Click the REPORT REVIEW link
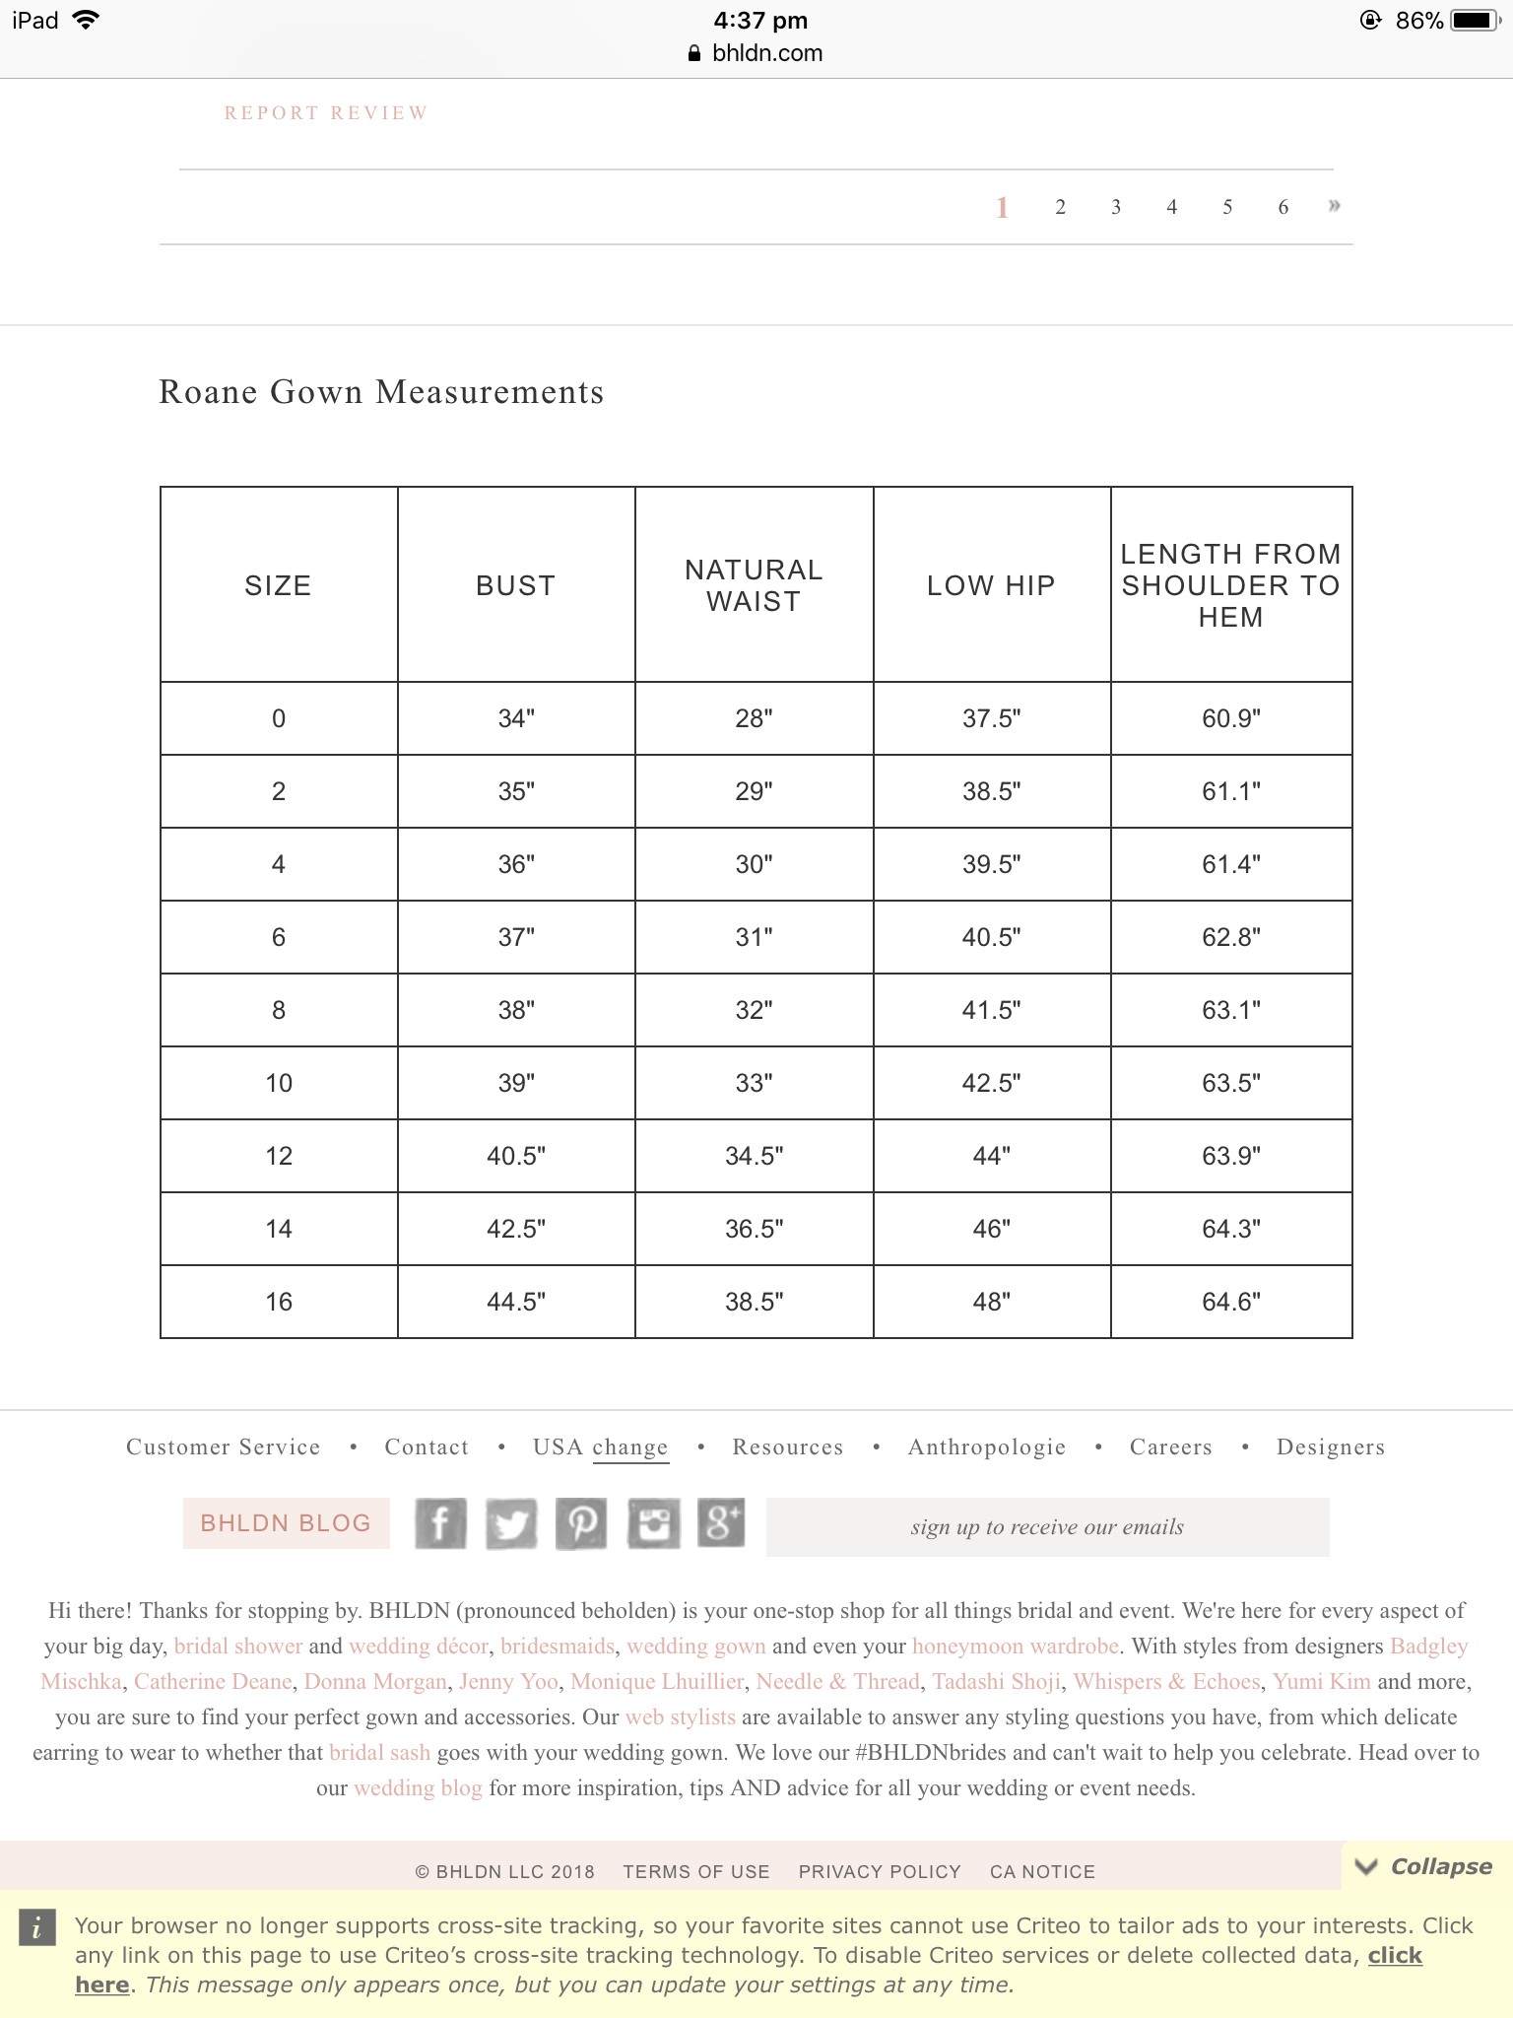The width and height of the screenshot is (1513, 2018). pos(326,113)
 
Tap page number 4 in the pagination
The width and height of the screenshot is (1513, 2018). pos(1171,207)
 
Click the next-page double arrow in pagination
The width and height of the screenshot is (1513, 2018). pos(1334,206)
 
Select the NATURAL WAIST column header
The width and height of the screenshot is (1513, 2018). pos(754,585)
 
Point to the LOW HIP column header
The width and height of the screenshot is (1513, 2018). pos(991,585)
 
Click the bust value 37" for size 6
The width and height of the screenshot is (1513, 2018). pos(516,937)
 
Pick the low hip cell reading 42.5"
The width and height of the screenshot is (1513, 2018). pos(991,1083)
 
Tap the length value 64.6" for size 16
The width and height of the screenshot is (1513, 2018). pos(1230,1302)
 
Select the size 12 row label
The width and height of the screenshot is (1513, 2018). pos(279,1156)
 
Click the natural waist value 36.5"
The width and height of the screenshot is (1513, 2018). pos(754,1229)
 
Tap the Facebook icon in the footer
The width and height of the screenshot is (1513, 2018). pos(440,1524)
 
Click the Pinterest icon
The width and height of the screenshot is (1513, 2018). pos(581,1524)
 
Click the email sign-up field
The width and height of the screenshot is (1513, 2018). pos(1047,1527)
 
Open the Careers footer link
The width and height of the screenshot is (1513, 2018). pos(1170,1446)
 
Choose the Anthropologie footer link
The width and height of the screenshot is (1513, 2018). pos(986,1446)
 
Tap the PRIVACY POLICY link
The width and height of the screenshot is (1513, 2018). pos(879,1871)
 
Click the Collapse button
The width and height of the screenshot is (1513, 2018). pos(1424,1866)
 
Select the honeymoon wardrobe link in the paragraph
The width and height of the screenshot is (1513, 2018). pos(1015,1647)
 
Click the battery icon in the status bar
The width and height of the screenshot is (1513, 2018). pos(1475,21)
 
